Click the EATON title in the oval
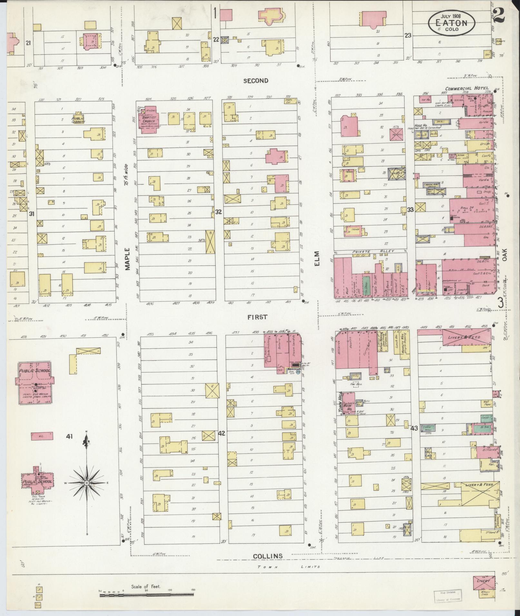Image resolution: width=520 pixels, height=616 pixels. point(451,23)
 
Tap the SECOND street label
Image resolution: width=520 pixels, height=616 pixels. point(256,81)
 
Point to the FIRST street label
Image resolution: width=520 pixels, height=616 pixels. point(257,317)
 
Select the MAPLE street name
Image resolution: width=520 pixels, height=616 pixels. point(127,259)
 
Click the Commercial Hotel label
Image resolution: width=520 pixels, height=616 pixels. point(467,88)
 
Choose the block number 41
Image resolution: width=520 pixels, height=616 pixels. point(69,437)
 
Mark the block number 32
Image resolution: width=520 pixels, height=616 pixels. point(219,212)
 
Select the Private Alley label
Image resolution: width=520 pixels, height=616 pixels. point(369,251)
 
